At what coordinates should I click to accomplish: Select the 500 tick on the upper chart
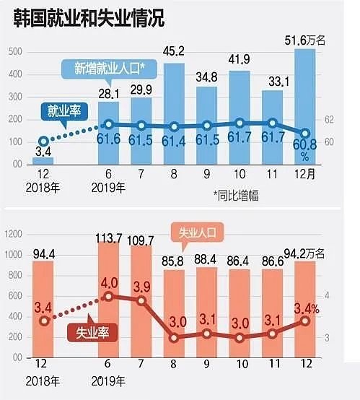[x=15, y=52]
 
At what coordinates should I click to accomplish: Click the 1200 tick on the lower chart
[x=12, y=233]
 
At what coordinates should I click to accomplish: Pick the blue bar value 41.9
[x=240, y=61]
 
